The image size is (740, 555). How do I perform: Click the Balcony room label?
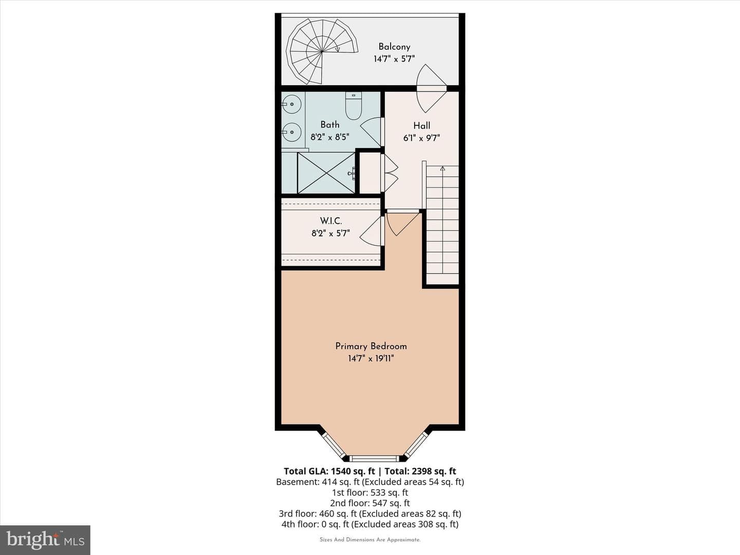coord(394,47)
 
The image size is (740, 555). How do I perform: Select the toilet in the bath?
coord(354,106)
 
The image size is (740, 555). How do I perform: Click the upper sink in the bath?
coord(291,104)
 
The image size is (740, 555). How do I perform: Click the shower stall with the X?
coord(326,173)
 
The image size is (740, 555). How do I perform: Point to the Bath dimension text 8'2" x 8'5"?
coord(330,137)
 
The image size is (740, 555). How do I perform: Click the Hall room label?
coord(422,126)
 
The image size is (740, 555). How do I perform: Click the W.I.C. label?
coord(331,221)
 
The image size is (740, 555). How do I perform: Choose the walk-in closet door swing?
coord(372,231)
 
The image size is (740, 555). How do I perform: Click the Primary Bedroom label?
coord(371,346)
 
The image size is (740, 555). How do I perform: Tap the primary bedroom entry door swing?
coord(402,223)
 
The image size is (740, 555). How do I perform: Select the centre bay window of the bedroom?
coord(374,458)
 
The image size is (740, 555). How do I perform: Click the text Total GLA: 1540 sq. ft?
coord(329,471)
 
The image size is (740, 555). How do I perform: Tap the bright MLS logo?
coord(45,540)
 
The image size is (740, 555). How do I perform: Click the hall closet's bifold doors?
coord(390,173)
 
